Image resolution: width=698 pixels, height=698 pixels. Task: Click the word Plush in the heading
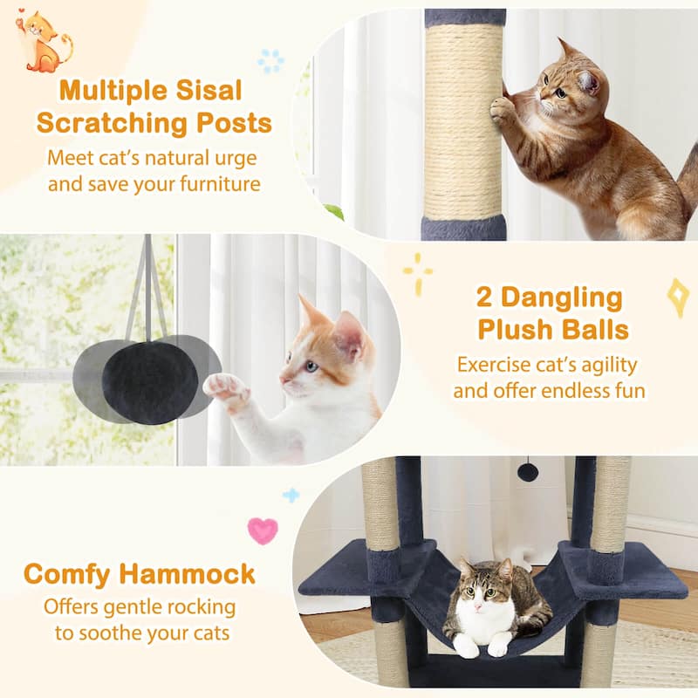(520, 331)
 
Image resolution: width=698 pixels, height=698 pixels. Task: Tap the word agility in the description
(601, 364)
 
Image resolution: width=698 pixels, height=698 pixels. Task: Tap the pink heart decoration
(263, 530)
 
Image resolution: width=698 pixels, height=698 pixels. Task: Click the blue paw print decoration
(271, 61)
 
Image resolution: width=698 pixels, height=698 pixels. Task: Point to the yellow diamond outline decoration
(678, 298)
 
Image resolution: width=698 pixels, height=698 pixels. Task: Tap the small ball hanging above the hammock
(527, 472)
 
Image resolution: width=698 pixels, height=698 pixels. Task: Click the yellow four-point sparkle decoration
(418, 273)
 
